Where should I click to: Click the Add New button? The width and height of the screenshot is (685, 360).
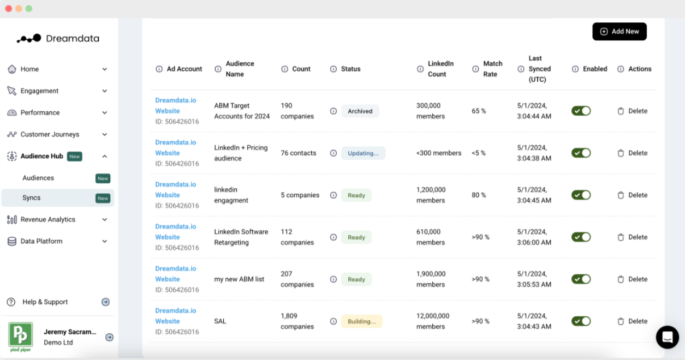tap(620, 32)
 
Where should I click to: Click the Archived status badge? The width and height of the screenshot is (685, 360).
tap(360, 111)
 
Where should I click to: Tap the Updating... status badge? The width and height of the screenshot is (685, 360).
tap(363, 153)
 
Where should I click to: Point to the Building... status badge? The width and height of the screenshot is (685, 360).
tap(362, 321)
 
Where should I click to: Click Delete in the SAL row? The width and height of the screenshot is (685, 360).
tap(633, 321)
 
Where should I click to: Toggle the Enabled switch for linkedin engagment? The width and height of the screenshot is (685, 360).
tap(581, 195)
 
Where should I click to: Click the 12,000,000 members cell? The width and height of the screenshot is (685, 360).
tap(433, 321)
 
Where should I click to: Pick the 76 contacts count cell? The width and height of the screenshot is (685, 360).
tap(298, 153)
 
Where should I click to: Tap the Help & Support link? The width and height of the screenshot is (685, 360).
tap(45, 302)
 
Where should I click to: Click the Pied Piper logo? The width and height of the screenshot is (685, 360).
tap(21, 337)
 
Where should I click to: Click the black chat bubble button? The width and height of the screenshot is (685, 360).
tap(668, 337)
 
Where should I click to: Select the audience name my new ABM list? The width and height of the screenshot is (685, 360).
tap(239, 279)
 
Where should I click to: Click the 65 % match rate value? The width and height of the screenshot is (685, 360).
tap(479, 111)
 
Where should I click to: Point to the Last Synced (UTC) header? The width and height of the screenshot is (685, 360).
tap(539, 69)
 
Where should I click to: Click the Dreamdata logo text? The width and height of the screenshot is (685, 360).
tap(73, 39)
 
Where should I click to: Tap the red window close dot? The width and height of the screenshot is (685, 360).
tap(9, 9)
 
